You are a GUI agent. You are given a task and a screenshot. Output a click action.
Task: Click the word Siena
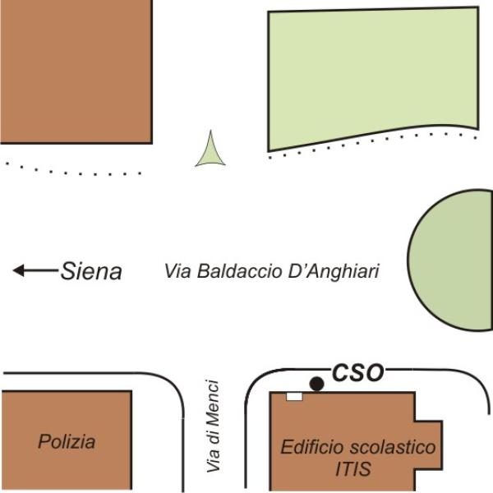coord(91,270)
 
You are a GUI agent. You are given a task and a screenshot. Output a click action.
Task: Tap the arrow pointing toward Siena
coord(35,270)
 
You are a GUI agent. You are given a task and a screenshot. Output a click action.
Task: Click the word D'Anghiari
coord(334,271)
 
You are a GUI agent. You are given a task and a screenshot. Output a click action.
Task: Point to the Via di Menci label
coord(213,426)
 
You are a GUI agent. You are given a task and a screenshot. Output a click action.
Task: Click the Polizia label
coord(67,441)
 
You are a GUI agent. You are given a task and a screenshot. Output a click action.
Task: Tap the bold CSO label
coord(357,372)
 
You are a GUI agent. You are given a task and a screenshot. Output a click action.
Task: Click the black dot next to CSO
coord(316,384)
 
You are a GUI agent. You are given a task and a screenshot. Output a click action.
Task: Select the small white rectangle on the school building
coord(295,397)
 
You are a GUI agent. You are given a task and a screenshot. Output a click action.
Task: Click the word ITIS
coord(352,469)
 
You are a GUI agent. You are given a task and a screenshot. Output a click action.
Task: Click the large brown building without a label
coord(76,71)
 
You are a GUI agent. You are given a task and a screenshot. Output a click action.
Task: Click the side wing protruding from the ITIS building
coord(429,445)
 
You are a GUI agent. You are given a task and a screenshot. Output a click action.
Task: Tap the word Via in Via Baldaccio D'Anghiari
coord(177,270)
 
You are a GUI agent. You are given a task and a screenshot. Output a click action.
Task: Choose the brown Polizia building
coord(66,440)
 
